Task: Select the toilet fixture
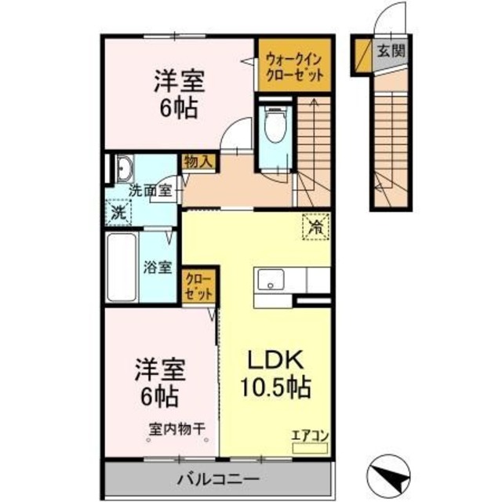(274, 125)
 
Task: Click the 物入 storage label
(198, 162)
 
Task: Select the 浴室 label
(157, 267)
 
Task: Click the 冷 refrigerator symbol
(315, 229)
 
